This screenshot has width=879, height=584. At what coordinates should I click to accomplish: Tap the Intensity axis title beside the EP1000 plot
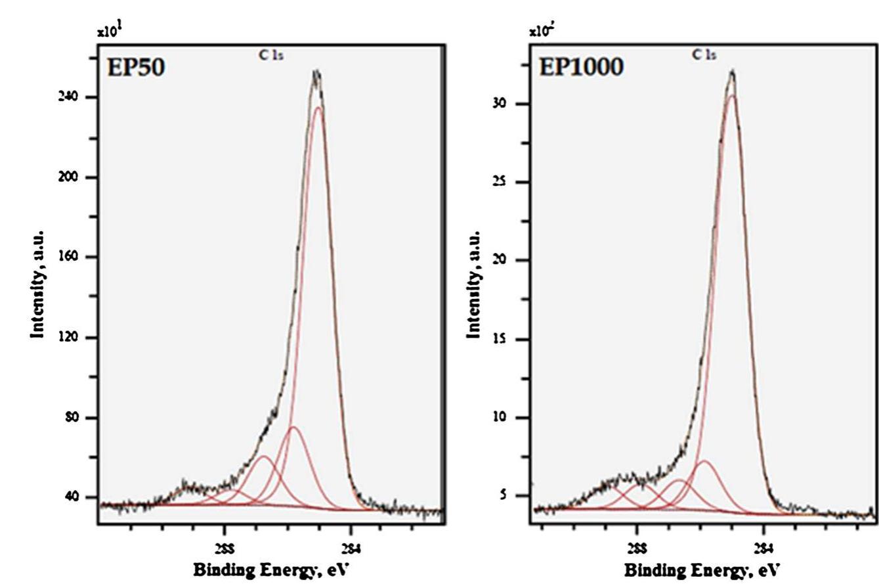click(473, 285)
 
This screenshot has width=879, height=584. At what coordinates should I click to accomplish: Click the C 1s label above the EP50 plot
click(271, 55)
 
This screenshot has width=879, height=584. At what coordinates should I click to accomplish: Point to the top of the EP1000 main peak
click(731, 72)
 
